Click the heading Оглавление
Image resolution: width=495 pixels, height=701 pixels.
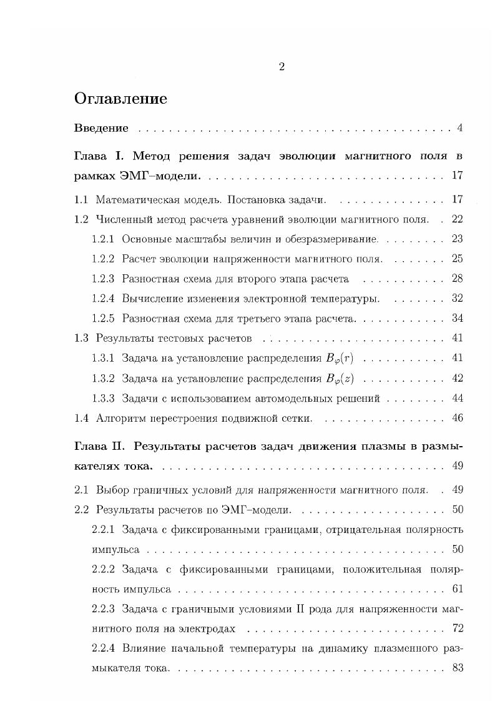click(x=120, y=99)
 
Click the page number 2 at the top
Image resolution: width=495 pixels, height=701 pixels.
click(x=282, y=67)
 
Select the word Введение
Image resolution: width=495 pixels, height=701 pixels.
click(x=101, y=129)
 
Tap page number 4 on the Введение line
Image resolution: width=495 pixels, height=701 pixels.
click(x=459, y=129)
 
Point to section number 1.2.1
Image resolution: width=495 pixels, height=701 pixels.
click(x=103, y=239)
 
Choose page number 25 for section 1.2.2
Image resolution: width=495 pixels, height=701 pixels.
click(x=457, y=259)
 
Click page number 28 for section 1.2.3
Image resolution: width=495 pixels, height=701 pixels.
click(x=457, y=279)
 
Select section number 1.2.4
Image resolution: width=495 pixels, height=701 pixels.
click(x=103, y=299)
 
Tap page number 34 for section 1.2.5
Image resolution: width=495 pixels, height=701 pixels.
click(x=457, y=319)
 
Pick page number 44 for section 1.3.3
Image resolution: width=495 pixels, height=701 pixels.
click(x=457, y=398)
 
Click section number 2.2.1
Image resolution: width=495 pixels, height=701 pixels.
click(x=103, y=530)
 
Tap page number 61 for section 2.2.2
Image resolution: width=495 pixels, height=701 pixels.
click(x=457, y=589)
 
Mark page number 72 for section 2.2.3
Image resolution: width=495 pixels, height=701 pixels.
click(x=457, y=629)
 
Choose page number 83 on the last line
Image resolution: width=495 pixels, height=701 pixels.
click(x=457, y=668)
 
